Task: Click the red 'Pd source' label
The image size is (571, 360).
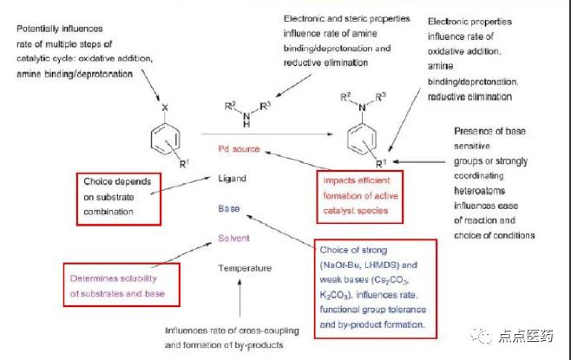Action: pos(239,149)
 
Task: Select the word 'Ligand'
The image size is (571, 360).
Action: pos(233,179)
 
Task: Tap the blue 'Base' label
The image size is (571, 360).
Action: pos(229,208)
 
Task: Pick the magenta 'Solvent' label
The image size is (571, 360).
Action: pos(234,237)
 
